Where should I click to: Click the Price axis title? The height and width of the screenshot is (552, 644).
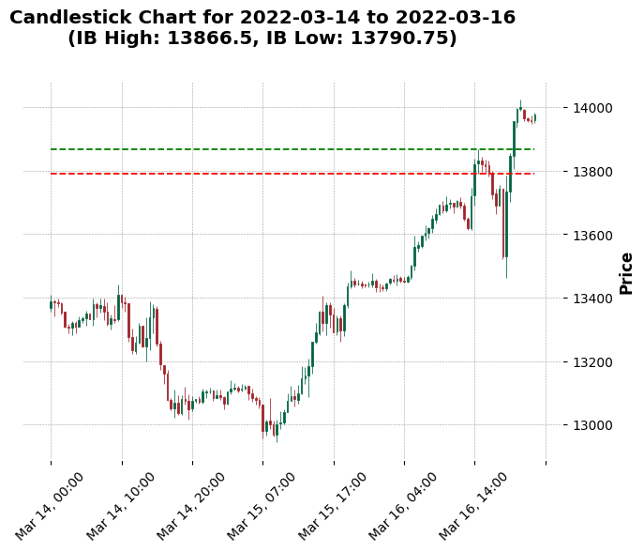(x=626, y=272)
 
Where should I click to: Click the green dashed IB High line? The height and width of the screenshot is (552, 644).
(x=281, y=149)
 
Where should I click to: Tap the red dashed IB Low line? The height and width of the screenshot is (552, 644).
(x=281, y=174)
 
